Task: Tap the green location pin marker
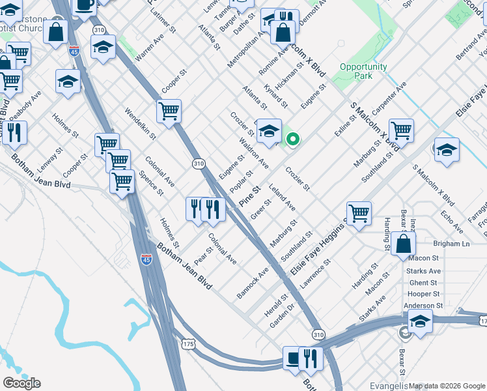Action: coord(293,138)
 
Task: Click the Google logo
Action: coord(21,383)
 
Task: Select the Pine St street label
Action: coord(249,196)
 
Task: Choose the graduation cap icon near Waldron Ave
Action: coord(268,131)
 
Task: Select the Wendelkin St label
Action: coord(141,124)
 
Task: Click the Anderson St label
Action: coord(423,305)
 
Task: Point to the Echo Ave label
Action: coord(451,221)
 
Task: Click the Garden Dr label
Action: coord(283,315)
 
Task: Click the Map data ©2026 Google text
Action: coord(447,386)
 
